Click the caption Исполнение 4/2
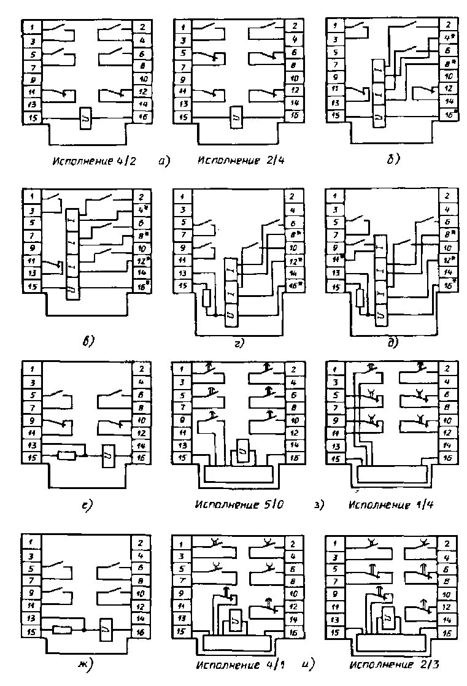(x=94, y=162)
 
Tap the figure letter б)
(x=393, y=160)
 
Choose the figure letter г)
(x=237, y=344)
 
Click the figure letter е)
(x=87, y=505)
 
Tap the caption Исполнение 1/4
(x=388, y=506)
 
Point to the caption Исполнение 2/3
(x=388, y=665)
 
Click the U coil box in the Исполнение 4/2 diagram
(x=85, y=118)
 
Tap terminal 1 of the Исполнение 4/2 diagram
(x=31, y=27)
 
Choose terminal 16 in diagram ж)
(x=141, y=631)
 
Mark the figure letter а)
(x=164, y=161)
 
